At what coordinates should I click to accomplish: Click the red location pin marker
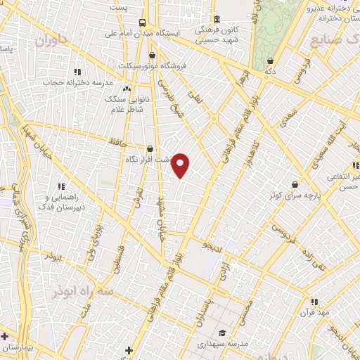181,165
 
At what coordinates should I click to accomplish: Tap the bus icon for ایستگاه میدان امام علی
143,22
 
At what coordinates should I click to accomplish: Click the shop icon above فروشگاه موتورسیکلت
153,55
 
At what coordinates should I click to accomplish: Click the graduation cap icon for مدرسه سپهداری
223,333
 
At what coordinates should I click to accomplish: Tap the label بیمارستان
15,347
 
